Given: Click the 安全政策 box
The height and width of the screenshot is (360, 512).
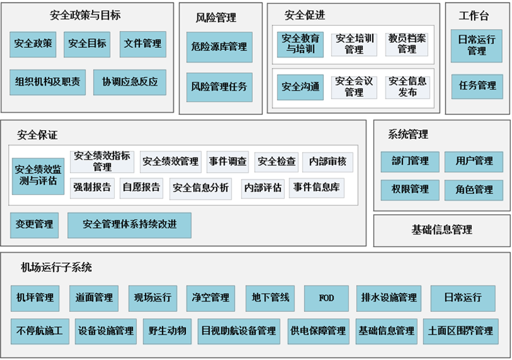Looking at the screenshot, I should pos(33,44).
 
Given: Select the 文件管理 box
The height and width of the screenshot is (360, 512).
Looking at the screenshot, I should pos(143,44).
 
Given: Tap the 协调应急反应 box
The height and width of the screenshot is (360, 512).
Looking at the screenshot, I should pos(130,82).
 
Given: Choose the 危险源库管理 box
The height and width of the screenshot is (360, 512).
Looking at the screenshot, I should pos(219,47).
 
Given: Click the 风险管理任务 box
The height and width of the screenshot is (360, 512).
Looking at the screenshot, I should pos(219,87).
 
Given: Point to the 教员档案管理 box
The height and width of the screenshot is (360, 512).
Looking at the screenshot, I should pos(407,44).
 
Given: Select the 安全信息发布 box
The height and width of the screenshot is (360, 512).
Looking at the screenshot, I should pos(407,87).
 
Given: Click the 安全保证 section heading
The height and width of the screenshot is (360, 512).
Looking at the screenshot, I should pos(38,135).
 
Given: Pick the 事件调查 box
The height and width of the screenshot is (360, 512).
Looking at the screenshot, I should pos(227,162).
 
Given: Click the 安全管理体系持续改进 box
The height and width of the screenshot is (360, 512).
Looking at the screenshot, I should pos(130,225).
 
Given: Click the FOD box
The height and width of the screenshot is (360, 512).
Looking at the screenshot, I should pos(326,297).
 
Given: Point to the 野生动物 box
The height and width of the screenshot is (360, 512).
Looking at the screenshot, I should pos(168,331).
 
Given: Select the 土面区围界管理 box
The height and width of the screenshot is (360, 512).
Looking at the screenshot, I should pos(460,331).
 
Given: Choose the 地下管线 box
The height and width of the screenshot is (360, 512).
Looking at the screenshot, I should pos(270,297).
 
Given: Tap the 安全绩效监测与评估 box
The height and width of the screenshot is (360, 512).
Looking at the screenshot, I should pos(38,176).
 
